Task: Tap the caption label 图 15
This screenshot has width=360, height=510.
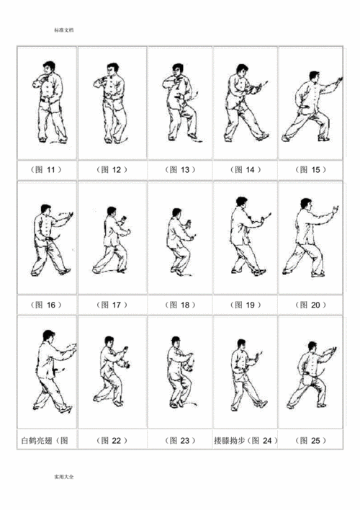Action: point(310,169)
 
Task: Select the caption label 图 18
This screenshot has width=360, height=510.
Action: point(179,305)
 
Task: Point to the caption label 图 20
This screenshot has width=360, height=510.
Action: point(310,305)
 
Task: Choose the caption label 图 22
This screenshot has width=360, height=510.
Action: point(112,439)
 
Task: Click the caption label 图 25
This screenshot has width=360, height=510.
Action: point(310,439)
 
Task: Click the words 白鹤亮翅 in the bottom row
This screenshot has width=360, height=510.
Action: point(34,439)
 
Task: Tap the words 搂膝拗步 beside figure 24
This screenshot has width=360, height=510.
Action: point(229,439)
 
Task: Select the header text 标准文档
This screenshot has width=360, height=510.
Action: point(63,31)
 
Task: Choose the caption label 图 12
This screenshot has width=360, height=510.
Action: point(112,169)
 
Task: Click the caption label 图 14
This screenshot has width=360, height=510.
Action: point(244,169)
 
